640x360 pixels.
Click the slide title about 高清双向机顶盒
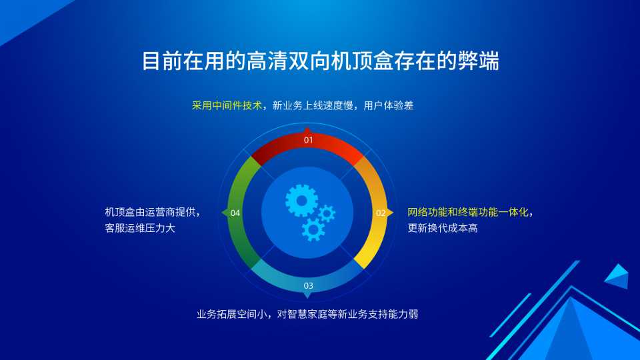pyautogui.click(x=321, y=61)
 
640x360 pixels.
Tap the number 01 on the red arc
pyautogui.click(x=308, y=140)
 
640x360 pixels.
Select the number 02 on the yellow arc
pyautogui.click(x=381, y=213)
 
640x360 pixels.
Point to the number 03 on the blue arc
pyautogui.click(x=308, y=286)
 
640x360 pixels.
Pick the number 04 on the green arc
pyautogui.click(x=235, y=213)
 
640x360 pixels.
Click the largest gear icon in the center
pyautogui.click(x=301, y=201)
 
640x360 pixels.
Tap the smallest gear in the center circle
pyautogui.click(x=327, y=213)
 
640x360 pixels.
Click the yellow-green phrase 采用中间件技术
pyautogui.click(x=227, y=105)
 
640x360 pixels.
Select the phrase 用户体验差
pyautogui.click(x=388, y=105)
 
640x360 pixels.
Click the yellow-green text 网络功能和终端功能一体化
pyautogui.click(x=468, y=212)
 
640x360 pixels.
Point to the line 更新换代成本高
pyautogui.click(x=443, y=228)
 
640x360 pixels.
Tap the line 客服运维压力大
pyautogui.click(x=140, y=228)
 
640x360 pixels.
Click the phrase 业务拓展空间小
pyautogui.click(x=232, y=314)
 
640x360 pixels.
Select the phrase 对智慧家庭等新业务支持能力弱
pyautogui.click(x=347, y=314)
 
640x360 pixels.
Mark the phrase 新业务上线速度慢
pyautogui.click(x=313, y=105)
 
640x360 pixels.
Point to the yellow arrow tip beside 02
pyautogui.click(x=393, y=213)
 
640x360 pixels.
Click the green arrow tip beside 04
pyautogui.click(x=222, y=213)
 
